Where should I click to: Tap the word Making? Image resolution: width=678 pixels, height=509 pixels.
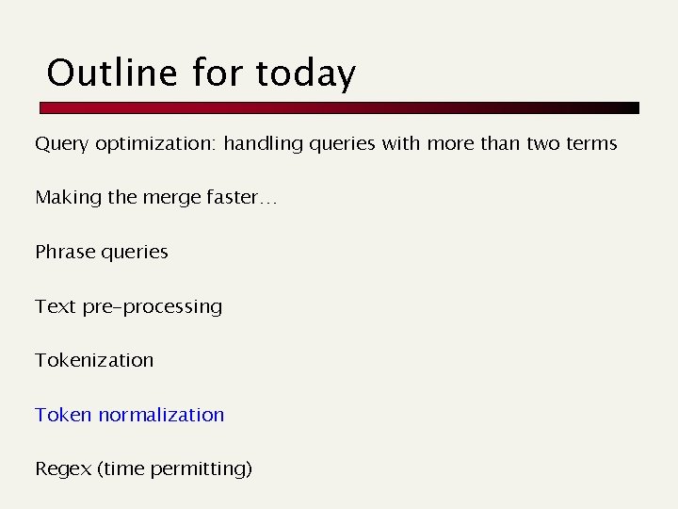pyautogui.click(x=65, y=198)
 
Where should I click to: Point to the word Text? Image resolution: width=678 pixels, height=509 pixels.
pyautogui.click(x=53, y=306)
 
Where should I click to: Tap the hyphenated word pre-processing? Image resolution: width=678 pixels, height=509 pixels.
pyautogui.click(x=150, y=307)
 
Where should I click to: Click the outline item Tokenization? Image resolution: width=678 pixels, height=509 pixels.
pyautogui.click(x=94, y=360)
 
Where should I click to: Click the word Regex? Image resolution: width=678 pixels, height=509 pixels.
pyautogui.click(x=62, y=469)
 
